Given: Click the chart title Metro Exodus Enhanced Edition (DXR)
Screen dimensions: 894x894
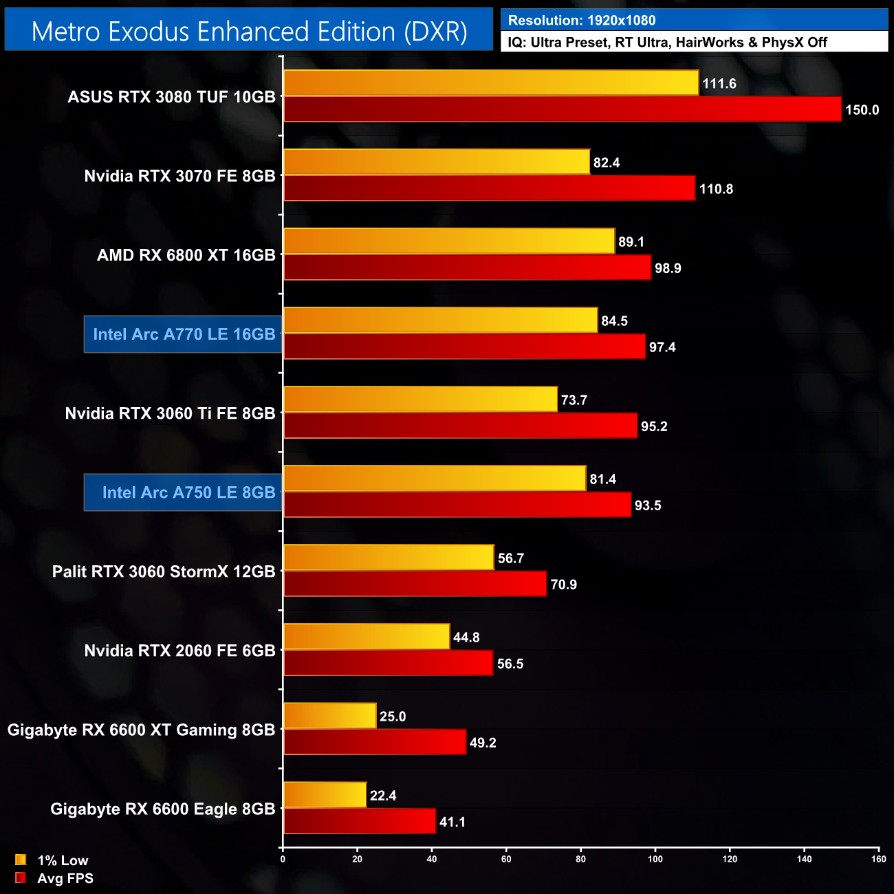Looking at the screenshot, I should coord(249,32).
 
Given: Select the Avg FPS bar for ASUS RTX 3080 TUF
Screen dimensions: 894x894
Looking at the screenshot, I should coord(562,109).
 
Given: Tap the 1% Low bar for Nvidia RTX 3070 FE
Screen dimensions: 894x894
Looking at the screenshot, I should coord(437,162).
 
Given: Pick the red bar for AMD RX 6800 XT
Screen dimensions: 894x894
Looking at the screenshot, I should coord(467,268).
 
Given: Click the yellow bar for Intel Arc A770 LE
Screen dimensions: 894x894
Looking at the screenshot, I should coord(440,320).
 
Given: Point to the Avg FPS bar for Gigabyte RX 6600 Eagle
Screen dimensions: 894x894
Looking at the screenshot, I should coord(360,821).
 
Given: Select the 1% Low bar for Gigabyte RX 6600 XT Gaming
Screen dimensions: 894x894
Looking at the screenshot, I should coord(330,716).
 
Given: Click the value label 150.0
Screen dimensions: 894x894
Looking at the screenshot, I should coord(862,110).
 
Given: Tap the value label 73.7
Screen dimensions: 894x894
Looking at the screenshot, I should coord(574,400).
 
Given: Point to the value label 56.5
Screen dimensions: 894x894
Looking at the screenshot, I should coord(510,664).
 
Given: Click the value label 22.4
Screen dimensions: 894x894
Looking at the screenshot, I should coord(383,796).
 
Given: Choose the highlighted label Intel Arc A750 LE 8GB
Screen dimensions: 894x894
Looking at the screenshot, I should coord(188,492).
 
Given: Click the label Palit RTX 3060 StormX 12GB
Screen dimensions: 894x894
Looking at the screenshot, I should coord(164,571).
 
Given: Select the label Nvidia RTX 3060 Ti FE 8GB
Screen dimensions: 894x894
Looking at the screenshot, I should coord(170,413).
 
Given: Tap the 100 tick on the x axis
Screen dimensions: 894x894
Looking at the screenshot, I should coord(655,859).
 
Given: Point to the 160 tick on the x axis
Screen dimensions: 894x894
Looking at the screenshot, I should coord(878,859).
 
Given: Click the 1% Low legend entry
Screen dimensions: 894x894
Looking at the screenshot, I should coord(62,860).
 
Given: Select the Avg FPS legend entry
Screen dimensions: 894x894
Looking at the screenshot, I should coord(65,878).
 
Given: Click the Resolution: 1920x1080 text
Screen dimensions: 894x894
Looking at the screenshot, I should coord(582,21).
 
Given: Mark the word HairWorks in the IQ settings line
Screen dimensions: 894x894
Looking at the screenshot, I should coord(709,43).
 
